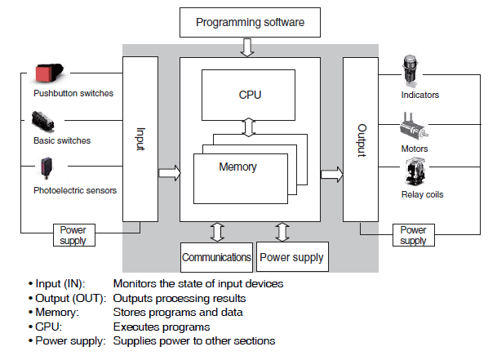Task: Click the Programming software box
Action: (250, 22)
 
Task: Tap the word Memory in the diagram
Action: (237, 167)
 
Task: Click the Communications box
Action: (216, 257)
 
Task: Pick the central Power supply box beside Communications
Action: (292, 257)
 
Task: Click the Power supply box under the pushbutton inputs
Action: (73, 235)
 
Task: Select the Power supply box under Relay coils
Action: (413, 235)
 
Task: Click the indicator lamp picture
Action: (412, 72)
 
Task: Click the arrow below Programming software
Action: (247, 50)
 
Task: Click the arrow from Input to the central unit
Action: (169, 173)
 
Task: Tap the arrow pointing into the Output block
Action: (331, 173)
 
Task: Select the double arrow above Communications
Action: (216, 231)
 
